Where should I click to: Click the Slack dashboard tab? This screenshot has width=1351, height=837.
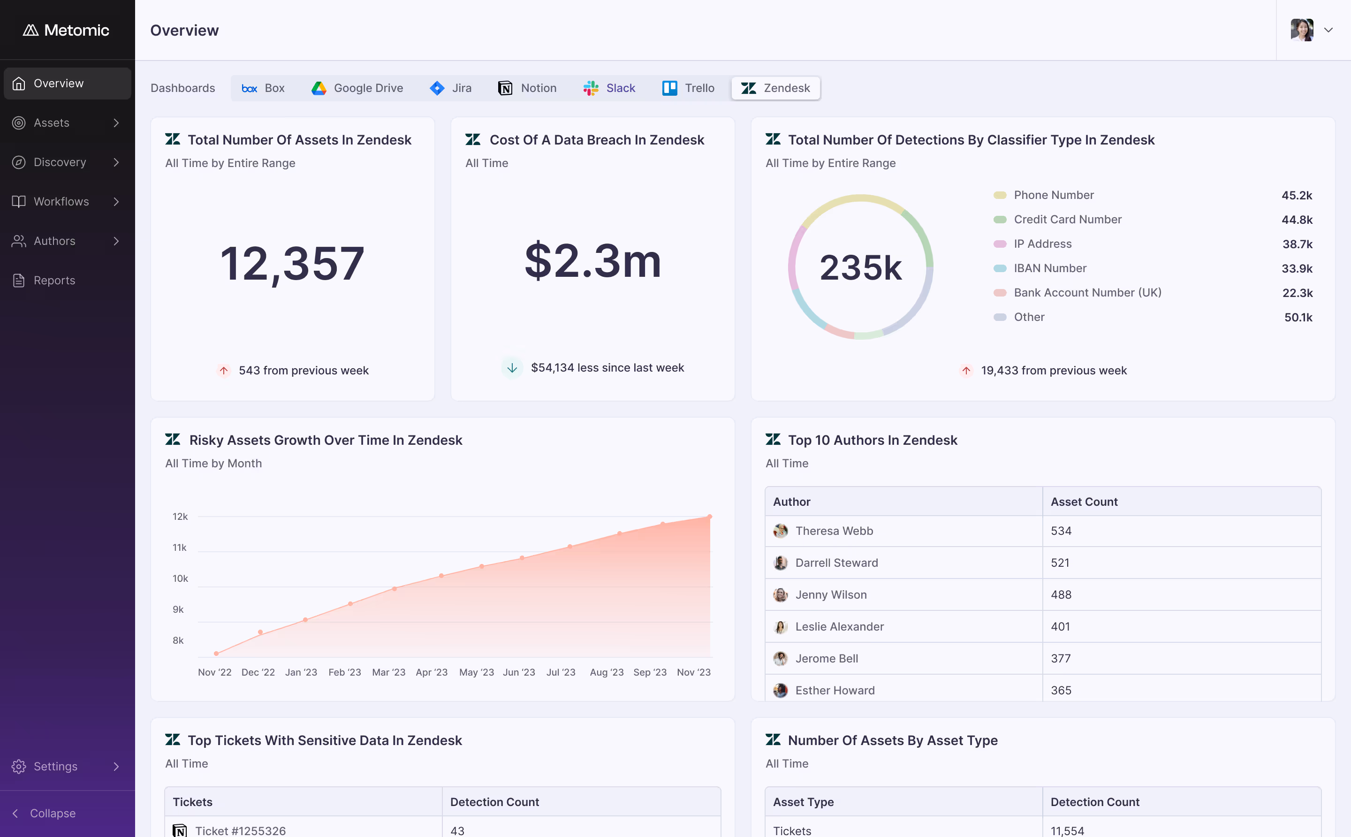point(609,88)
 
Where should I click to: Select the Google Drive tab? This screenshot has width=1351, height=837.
point(357,88)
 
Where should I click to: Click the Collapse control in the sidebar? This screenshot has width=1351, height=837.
point(44,813)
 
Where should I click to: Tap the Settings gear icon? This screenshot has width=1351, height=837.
point(19,766)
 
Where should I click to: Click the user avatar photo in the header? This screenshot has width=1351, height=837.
point(1302,30)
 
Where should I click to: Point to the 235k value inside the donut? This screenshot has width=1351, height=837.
point(861,268)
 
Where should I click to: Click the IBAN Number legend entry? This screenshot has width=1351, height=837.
point(1049,268)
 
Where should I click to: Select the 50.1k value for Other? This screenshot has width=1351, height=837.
point(1298,317)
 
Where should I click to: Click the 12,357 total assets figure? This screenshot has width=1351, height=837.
point(292,264)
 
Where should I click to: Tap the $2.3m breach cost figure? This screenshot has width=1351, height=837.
point(593,261)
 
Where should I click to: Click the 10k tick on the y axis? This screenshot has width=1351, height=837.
point(181,578)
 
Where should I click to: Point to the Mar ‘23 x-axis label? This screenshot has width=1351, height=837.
point(388,672)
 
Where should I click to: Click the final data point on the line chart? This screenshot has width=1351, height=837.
point(710,517)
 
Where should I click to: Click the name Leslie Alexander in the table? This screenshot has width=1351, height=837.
point(840,627)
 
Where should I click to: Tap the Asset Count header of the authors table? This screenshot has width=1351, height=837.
point(1084,502)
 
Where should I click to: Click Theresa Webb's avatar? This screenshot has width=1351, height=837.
point(781,531)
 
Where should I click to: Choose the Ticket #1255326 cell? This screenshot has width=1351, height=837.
point(304,829)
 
